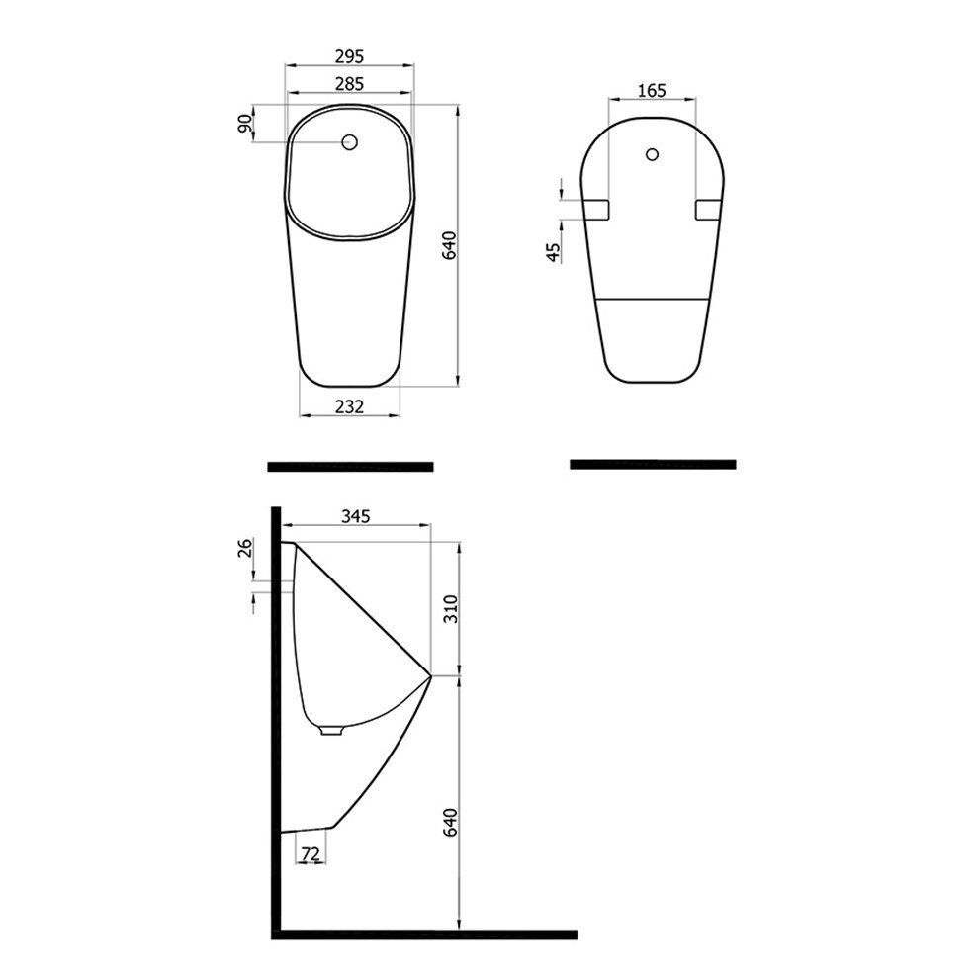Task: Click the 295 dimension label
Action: (x=349, y=56)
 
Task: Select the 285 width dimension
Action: (x=349, y=83)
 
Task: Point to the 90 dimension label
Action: (x=245, y=124)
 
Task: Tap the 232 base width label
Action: (x=349, y=406)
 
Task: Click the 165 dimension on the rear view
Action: (x=652, y=91)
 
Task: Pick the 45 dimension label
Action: (x=553, y=252)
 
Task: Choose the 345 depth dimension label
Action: (x=355, y=516)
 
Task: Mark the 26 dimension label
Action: (x=245, y=548)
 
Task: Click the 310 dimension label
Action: (x=450, y=609)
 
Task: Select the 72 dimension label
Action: (x=311, y=853)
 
